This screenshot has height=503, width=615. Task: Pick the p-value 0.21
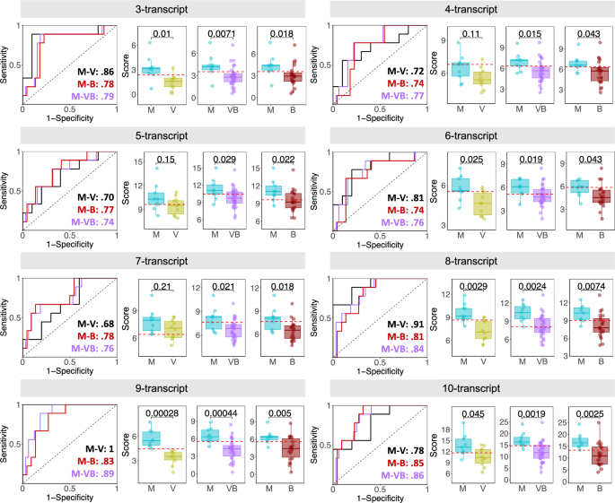tap(163, 286)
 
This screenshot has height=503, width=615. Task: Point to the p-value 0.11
tap(470, 35)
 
